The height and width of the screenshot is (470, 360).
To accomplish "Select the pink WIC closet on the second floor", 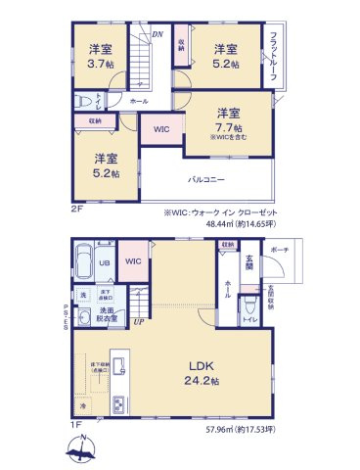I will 159,128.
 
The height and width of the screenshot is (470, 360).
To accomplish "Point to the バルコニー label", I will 208,178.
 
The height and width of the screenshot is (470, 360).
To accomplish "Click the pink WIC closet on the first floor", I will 134,260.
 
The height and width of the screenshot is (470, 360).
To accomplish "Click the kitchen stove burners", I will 117,404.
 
